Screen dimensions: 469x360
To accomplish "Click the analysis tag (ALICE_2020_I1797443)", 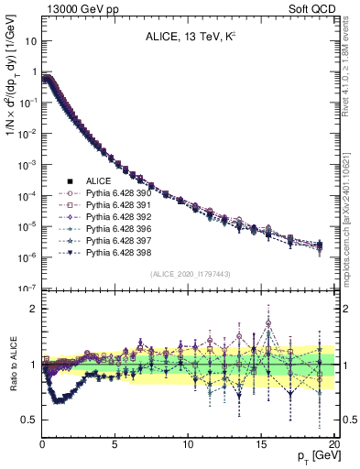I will coord(190,275).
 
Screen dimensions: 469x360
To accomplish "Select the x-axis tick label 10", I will coord(188,444).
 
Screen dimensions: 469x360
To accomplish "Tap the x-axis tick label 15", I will coord(260,444).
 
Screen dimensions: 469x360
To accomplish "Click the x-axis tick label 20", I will coord(333,444).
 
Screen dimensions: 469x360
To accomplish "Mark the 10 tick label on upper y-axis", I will coord(29,41).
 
